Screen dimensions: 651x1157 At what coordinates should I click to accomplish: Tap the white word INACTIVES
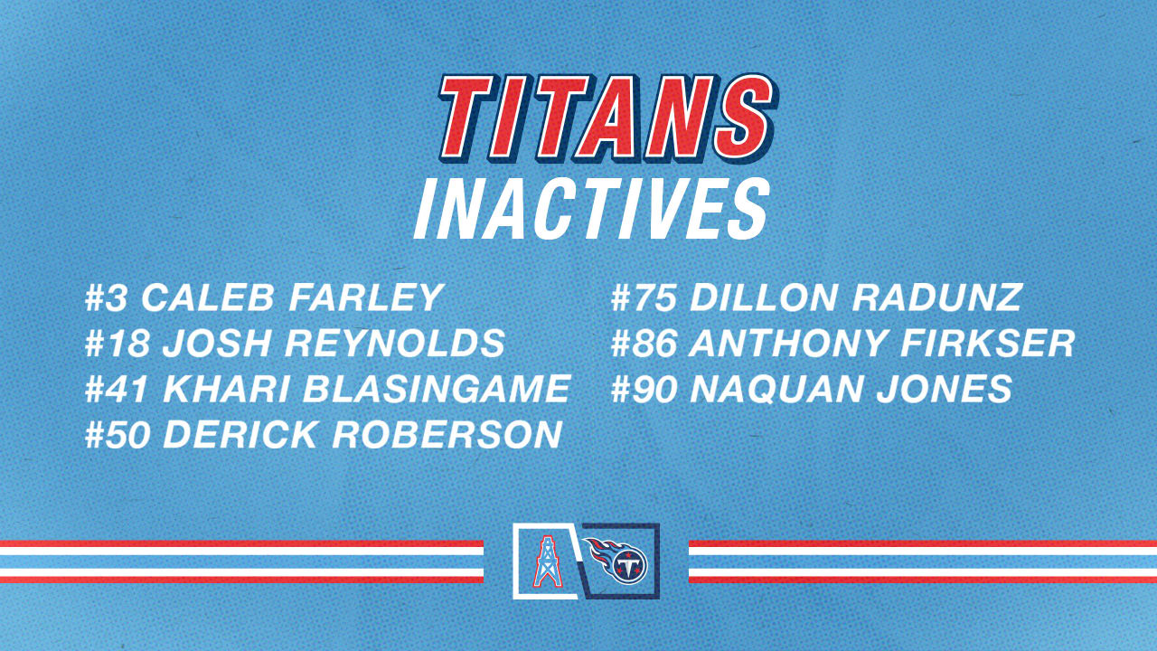click(x=592, y=210)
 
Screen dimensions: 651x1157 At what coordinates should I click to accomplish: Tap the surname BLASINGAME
click(x=436, y=389)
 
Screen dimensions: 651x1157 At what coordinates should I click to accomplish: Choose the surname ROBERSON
click(x=447, y=435)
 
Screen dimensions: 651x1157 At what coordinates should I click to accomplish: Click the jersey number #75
click(x=645, y=297)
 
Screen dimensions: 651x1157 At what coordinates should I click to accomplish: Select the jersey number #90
click(x=645, y=389)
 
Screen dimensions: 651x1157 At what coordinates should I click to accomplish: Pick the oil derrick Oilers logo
click(x=545, y=561)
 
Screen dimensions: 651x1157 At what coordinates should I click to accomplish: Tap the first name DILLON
click(x=765, y=297)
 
